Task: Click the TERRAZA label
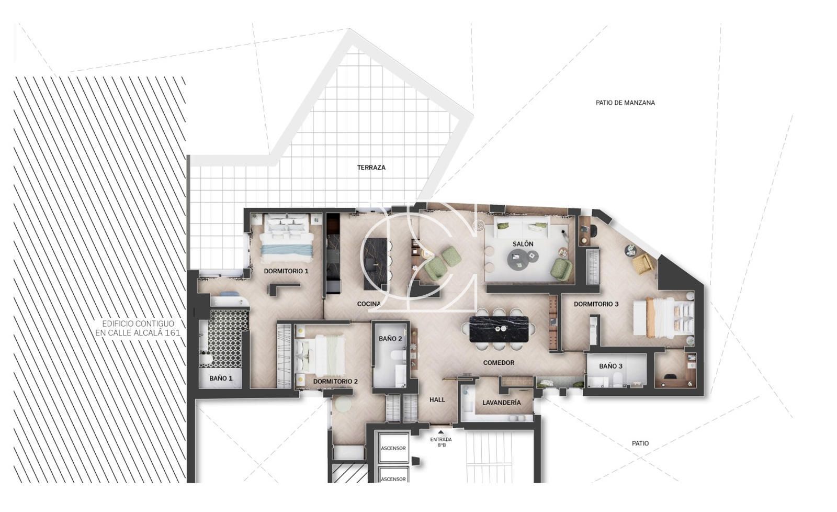coord(371,168)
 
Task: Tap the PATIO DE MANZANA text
coord(625,103)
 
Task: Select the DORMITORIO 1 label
coord(286,271)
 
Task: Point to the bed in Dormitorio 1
coord(287,236)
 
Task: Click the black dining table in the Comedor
coord(499,329)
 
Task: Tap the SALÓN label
coord(523,244)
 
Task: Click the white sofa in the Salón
coord(523,228)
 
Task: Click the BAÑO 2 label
coord(390,339)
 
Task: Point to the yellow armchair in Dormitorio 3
coord(643,263)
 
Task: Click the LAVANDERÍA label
coord(502,403)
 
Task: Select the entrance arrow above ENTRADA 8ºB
coord(441,432)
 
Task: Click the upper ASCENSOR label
coord(393,448)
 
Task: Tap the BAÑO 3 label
coord(610,366)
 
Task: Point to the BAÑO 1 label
coord(221,378)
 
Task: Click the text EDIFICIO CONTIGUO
coord(138,324)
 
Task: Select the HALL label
coord(437,399)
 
